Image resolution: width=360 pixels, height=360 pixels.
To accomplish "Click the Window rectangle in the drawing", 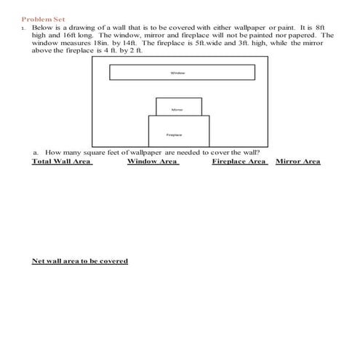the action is pyautogui.click(x=182, y=73).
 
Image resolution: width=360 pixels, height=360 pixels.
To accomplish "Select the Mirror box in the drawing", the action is pyautogui.click(x=177, y=106).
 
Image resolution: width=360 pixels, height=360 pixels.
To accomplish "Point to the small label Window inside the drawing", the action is pyautogui.click(x=177, y=73).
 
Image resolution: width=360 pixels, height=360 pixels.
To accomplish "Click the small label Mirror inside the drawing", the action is pyautogui.click(x=177, y=110).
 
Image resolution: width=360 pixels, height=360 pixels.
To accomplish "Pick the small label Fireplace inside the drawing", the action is pyautogui.click(x=174, y=135).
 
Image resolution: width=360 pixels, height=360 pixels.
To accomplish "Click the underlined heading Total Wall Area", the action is pyautogui.click(x=62, y=161).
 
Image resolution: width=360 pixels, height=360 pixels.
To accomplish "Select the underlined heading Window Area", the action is pyautogui.click(x=153, y=161).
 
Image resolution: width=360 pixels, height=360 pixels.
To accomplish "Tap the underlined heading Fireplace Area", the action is pyautogui.click(x=239, y=161).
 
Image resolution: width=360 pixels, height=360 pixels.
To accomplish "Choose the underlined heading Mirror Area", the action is pyautogui.click(x=298, y=161).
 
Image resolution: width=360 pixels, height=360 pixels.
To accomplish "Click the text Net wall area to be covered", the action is pyautogui.click(x=80, y=261).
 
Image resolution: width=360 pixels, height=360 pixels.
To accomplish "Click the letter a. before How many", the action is pyautogui.click(x=36, y=153).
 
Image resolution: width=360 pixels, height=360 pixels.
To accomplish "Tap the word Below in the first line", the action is pyautogui.click(x=43, y=27).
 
